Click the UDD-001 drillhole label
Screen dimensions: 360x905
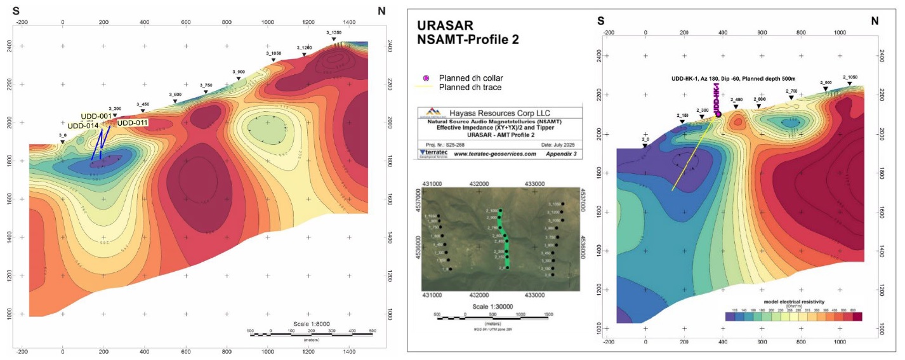[x=96, y=117]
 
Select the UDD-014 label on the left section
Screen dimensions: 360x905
[x=83, y=126]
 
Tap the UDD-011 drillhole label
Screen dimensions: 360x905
[x=133, y=122]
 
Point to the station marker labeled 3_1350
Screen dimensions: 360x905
[x=334, y=39]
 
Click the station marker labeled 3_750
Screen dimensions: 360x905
[x=206, y=92]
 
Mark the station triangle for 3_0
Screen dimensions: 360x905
[x=62, y=142]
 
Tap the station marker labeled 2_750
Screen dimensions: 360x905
[x=791, y=97]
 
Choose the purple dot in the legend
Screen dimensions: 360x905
[x=426, y=77]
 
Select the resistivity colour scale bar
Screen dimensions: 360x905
[x=793, y=316]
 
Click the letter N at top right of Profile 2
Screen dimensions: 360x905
[x=875, y=21]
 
